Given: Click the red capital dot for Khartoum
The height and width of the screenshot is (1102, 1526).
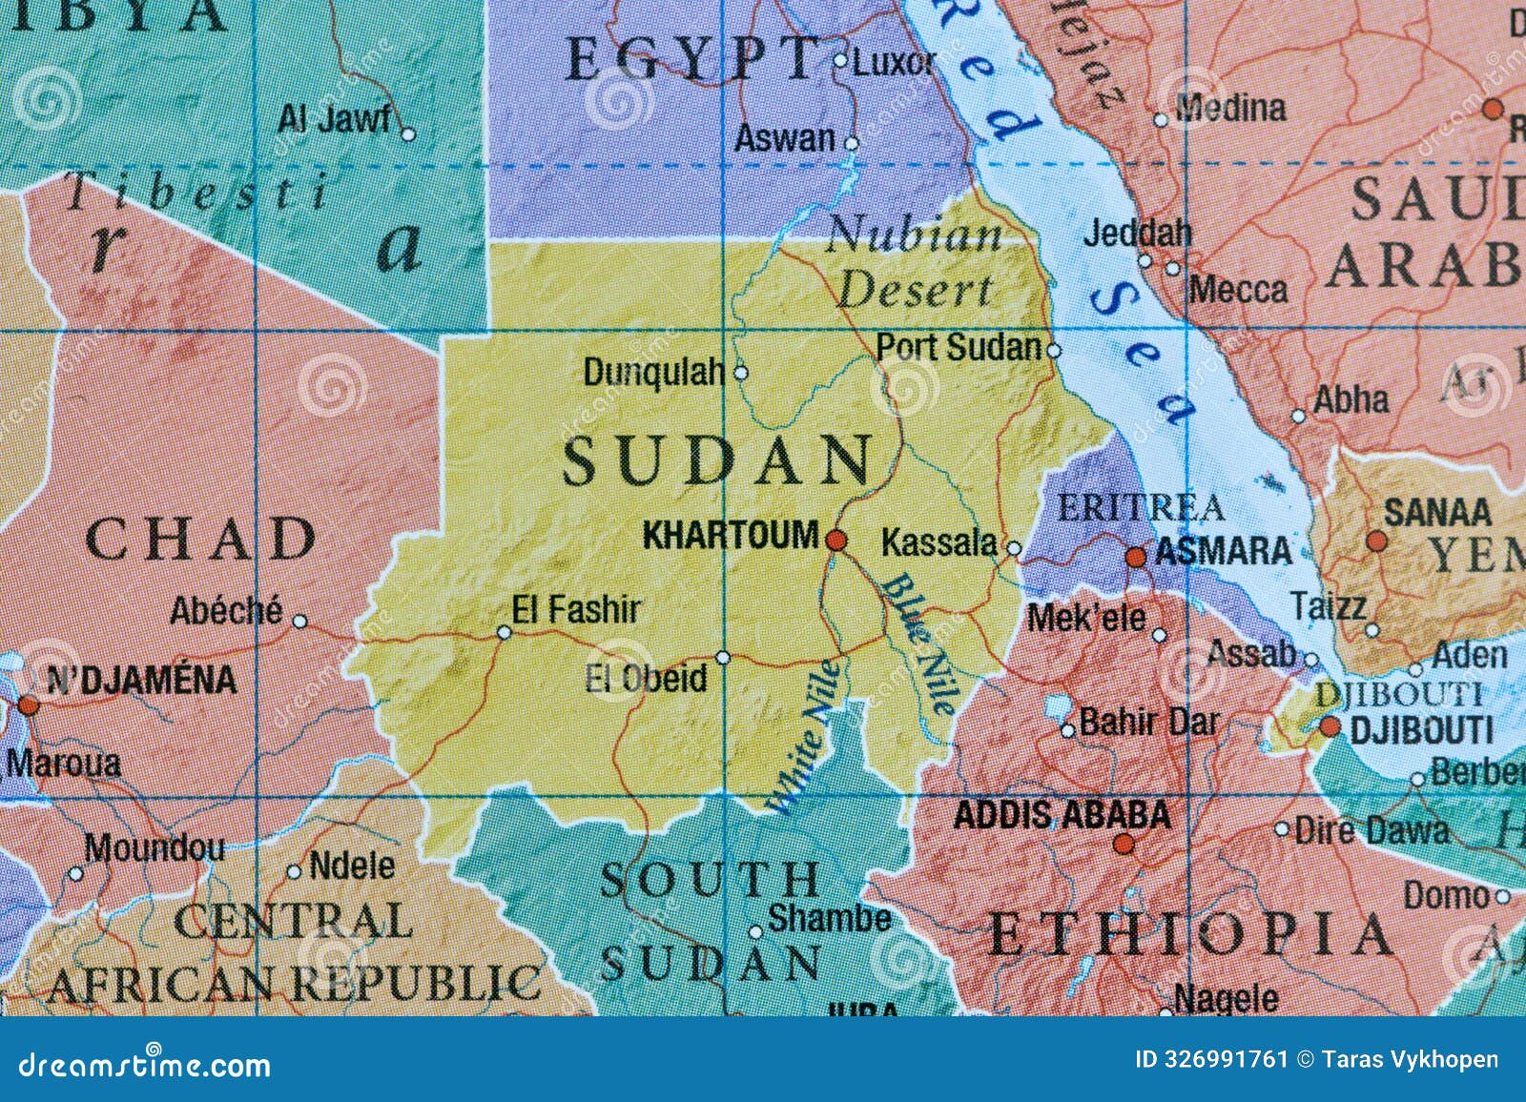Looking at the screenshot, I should pos(836,541).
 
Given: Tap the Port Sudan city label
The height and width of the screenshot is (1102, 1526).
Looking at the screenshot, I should pos(959,347).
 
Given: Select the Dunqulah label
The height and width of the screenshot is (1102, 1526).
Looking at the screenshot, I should pos(654,373).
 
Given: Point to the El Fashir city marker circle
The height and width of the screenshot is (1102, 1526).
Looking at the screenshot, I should pos(505,631).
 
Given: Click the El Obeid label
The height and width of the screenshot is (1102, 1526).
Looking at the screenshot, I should pos(646,679).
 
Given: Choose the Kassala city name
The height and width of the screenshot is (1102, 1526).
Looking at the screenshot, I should pos(938,542).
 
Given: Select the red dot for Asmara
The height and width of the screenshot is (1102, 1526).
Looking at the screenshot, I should pos(1136,557).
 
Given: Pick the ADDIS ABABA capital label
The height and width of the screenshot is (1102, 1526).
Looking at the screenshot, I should pos(1062,815).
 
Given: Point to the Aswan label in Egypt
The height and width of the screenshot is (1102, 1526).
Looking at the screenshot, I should pos(784,139).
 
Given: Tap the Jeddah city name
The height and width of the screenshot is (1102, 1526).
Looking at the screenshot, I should pos(1138,232).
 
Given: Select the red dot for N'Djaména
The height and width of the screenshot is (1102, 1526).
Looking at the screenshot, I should pos(29,705).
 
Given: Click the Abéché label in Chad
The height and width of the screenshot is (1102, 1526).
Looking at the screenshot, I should pos(226,610).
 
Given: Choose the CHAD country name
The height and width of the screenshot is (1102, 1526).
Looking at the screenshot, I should pos(201,540).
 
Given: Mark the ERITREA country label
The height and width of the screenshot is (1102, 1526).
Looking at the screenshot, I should pos(1141,508).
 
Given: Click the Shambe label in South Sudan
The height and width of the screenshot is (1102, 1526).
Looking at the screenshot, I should pos(829,919).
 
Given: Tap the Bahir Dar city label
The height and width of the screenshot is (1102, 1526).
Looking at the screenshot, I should pos(1148,723).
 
